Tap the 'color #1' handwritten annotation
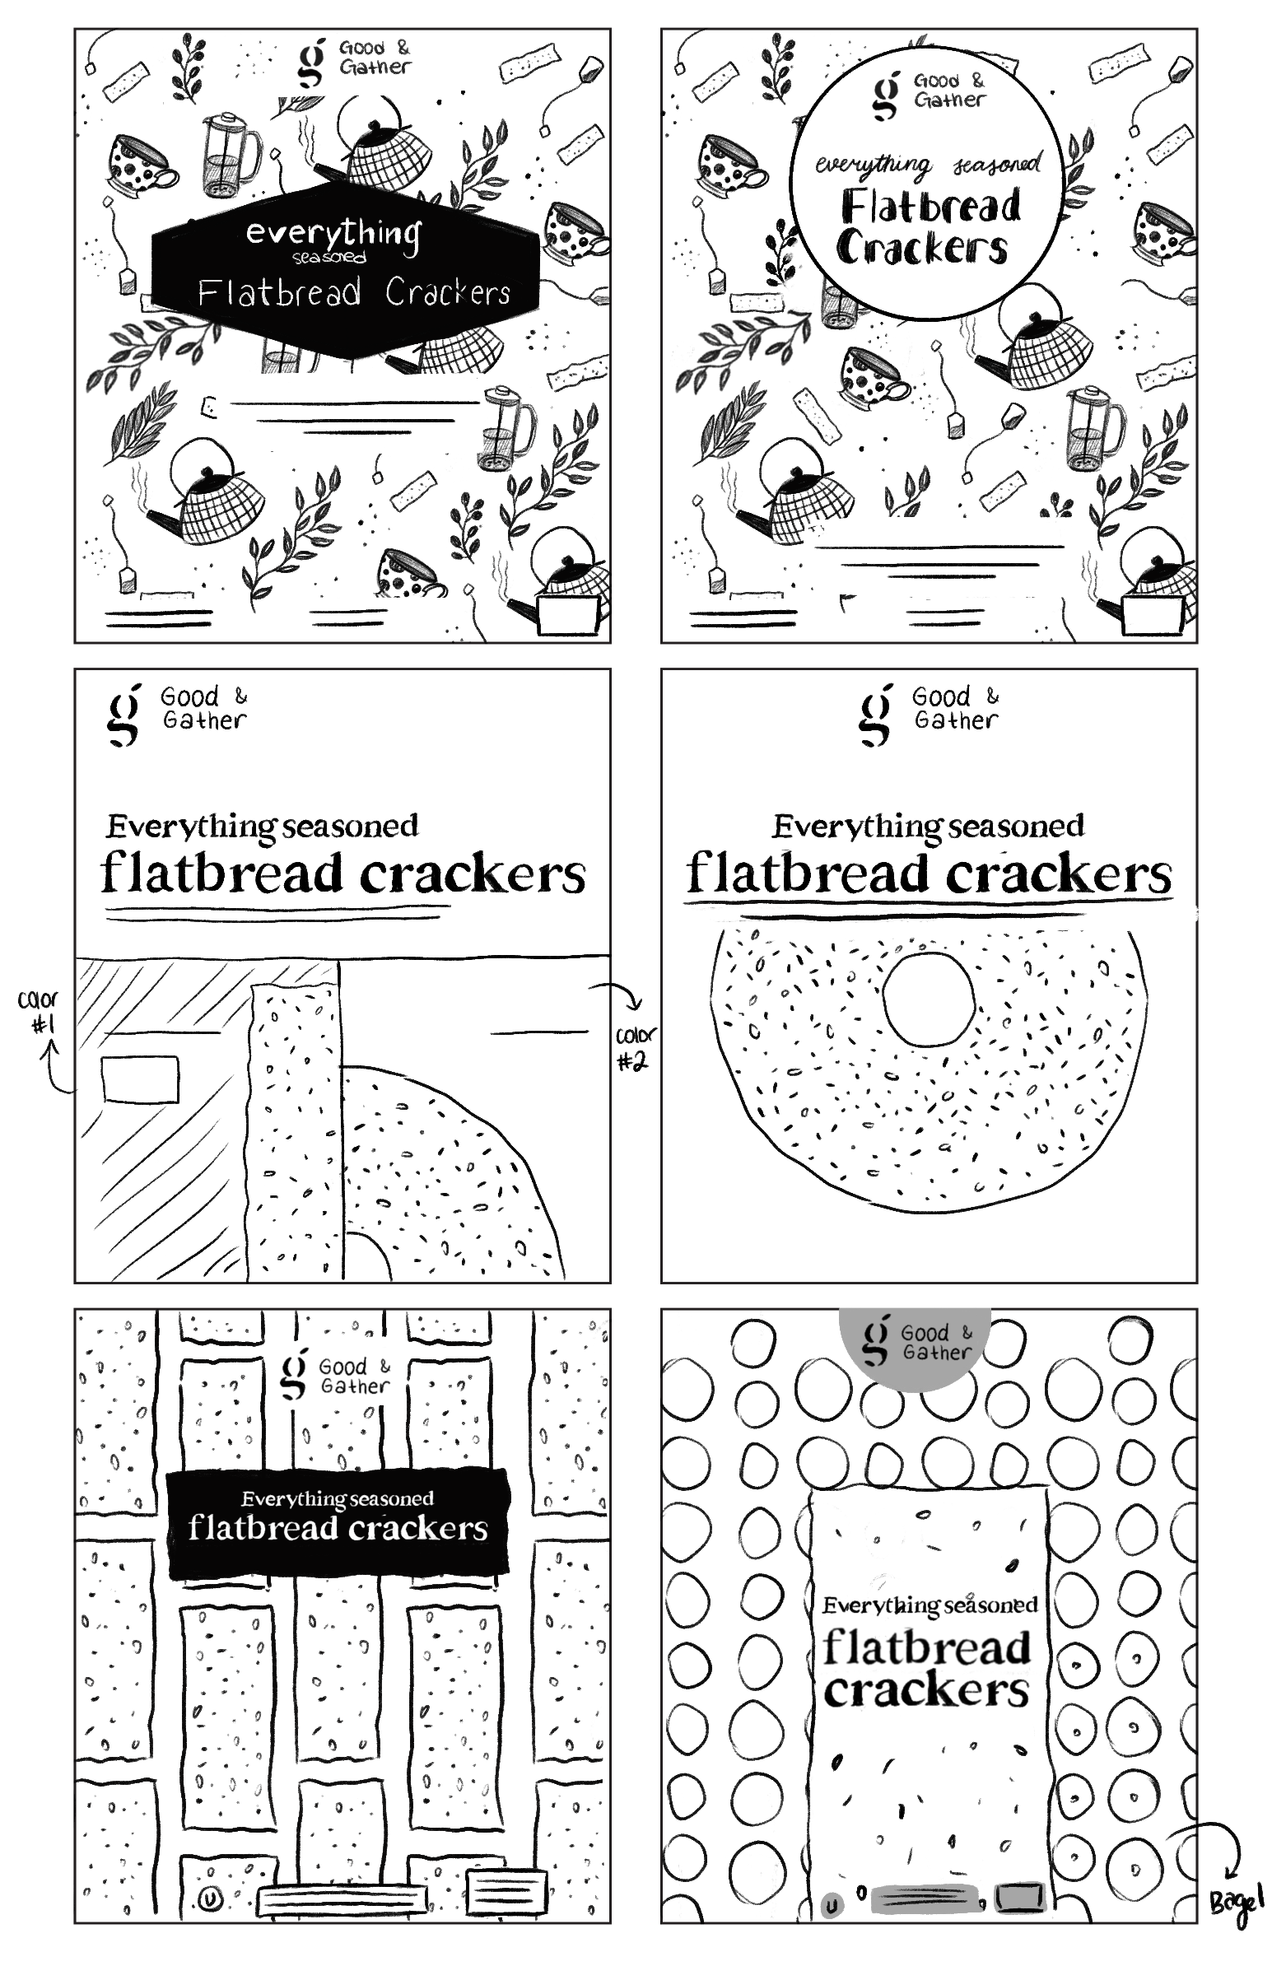pyautogui.click(x=38, y=1012)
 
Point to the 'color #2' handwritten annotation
pyautogui.click(x=634, y=1048)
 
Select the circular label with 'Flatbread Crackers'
pyautogui.click(x=926, y=184)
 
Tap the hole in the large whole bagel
pyautogui.click(x=929, y=999)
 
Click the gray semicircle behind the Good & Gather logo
pyautogui.click(x=915, y=1347)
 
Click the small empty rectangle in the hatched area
pyautogui.click(x=140, y=1079)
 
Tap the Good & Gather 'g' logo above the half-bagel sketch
pyautogui.click(x=124, y=715)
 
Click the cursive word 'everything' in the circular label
pyautogui.click(x=872, y=166)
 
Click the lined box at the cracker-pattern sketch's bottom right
pyautogui.click(x=506, y=1890)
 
